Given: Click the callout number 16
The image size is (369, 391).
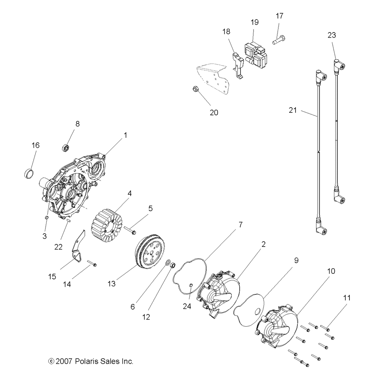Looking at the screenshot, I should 35,145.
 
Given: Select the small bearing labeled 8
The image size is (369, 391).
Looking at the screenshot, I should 66,148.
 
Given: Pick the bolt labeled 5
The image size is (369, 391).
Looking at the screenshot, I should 129,231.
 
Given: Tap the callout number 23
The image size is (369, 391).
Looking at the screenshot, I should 331,35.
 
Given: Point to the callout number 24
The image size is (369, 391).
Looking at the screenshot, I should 187,306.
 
